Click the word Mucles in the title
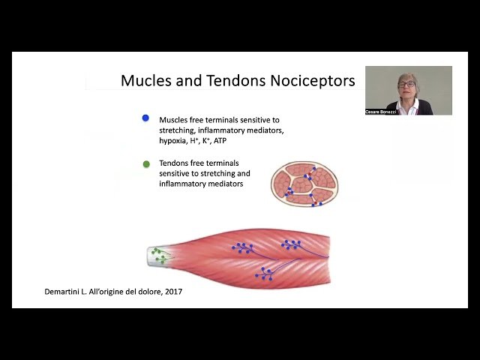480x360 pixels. (x=145, y=81)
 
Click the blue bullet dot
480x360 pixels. (x=145, y=118)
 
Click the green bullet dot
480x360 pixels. (x=145, y=163)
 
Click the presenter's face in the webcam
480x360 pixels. (x=407, y=84)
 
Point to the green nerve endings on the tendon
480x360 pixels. (x=159, y=255)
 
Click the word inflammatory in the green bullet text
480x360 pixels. (x=184, y=184)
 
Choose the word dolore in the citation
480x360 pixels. (x=143, y=292)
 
